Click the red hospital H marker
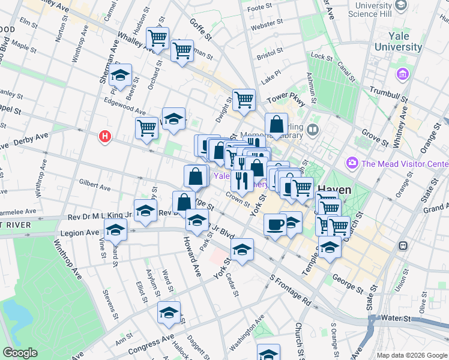pyautogui.click(x=106, y=137)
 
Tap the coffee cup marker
pyautogui.click(x=276, y=225)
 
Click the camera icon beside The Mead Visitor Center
pyautogui.click(x=352, y=163)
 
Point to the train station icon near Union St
pyautogui.click(x=403, y=246)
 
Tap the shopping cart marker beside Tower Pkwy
pyautogui.click(x=244, y=100)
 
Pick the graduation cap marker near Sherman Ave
pyautogui.click(x=121, y=75)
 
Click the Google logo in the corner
pyautogui.click(x=20, y=353)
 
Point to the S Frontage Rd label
pyautogui.click(x=291, y=290)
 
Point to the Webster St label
pyautogui.click(x=267, y=27)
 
